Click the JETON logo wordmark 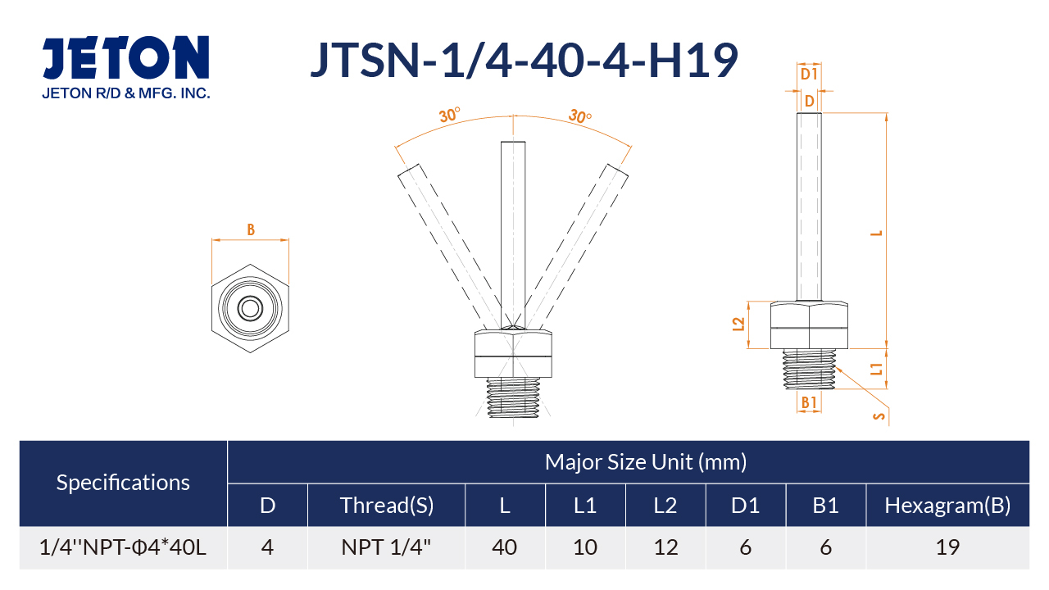(x=125, y=57)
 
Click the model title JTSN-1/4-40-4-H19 (x=524, y=60)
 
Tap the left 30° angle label (x=449, y=114)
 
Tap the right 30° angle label (x=580, y=116)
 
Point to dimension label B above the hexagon (x=251, y=229)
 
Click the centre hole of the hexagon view (x=250, y=308)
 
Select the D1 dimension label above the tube (x=809, y=74)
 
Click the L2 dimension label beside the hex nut (x=738, y=324)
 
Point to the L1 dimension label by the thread (x=876, y=369)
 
